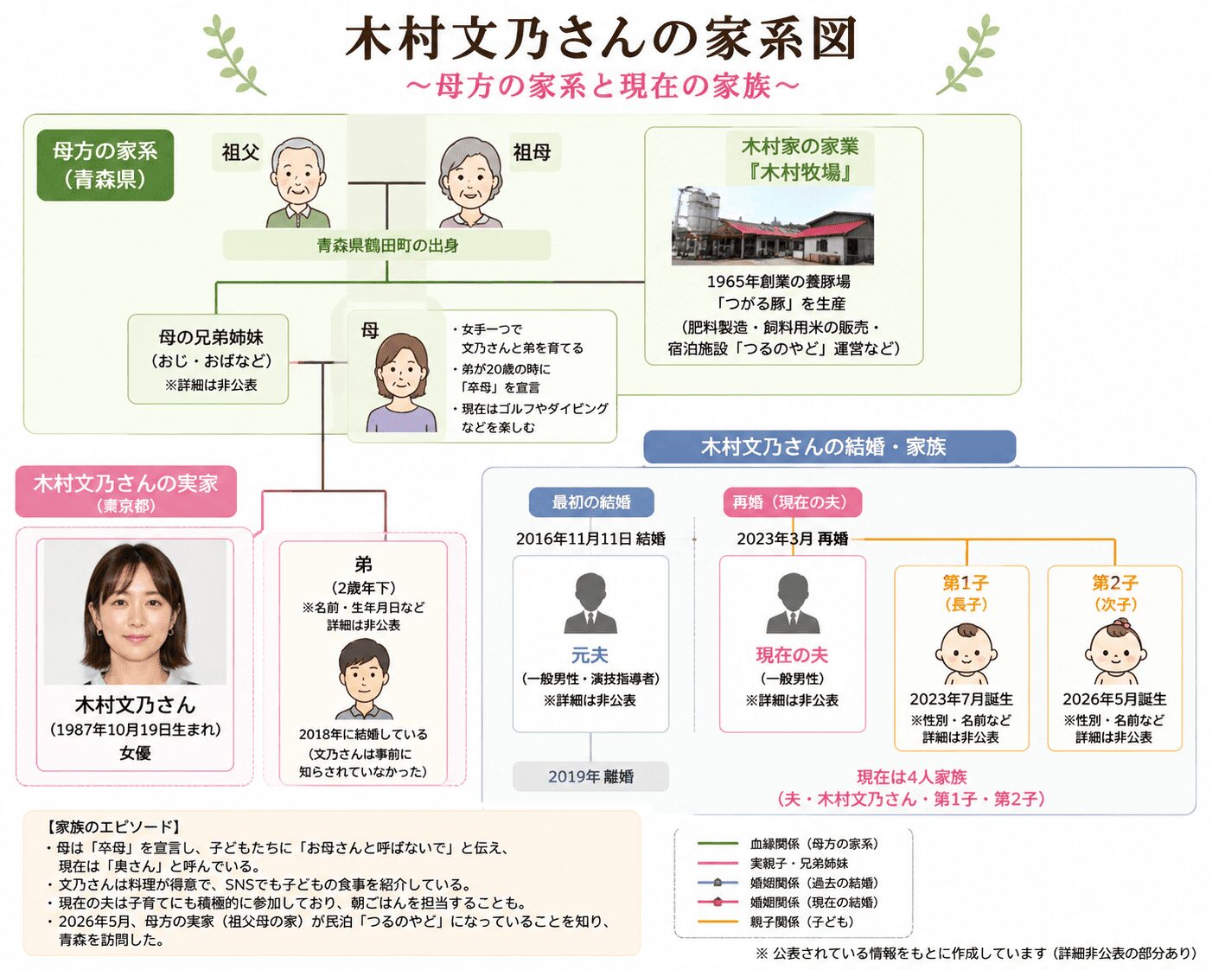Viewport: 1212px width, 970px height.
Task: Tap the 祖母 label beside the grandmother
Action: pos(532,152)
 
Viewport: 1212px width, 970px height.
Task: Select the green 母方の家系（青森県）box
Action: pos(105,165)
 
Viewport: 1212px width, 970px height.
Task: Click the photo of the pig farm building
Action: pos(772,226)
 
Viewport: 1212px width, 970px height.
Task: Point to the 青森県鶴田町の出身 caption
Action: pos(387,246)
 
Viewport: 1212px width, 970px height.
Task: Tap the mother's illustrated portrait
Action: pos(401,382)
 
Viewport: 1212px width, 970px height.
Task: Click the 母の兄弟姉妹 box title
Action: pos(211,337)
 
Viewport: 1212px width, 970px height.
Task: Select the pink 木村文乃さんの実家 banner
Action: pos(125,491)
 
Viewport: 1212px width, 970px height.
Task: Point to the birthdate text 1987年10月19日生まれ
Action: pos(135,730)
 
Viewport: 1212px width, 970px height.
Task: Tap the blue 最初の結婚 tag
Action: pos(591,502)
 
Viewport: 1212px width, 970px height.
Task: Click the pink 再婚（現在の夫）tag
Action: pos(793,502)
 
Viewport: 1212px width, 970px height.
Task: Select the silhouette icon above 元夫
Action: pos(590,603)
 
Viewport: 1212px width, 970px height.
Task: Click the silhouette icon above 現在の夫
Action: pos(793,603)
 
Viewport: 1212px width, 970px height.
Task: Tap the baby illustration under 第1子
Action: pos(964,654)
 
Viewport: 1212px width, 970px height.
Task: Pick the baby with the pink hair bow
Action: pos(1114,653)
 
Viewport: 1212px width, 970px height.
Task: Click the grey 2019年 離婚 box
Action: pos(590,776)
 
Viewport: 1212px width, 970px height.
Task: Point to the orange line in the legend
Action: pos(718,922)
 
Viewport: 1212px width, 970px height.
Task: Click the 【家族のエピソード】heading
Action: pos(114,827)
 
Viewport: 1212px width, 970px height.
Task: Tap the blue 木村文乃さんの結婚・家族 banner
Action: pos(830,447)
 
